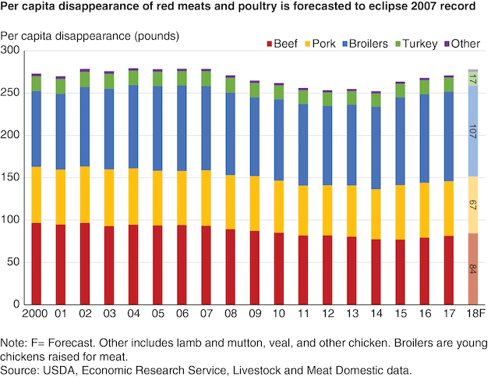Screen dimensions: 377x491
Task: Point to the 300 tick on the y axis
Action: [12, 51]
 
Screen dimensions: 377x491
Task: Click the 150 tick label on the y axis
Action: [12, 177]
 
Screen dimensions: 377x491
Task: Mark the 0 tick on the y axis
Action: [18, 304]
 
